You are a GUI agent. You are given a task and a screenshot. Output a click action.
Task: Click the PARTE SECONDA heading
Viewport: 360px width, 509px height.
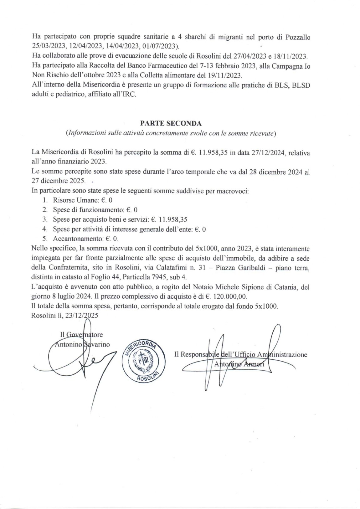point(171,123)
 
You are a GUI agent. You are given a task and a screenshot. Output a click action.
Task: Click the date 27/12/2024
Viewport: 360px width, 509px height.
point(268,153)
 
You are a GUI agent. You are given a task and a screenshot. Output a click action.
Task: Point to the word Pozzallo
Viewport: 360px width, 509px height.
point(298,38)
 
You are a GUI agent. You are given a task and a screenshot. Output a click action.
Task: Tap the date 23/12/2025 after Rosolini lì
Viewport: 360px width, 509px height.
point(81,316)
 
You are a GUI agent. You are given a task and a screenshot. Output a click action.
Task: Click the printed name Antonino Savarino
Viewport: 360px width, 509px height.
point(82,345)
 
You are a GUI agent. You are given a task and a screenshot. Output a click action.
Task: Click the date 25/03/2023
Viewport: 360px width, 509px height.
point(48,46)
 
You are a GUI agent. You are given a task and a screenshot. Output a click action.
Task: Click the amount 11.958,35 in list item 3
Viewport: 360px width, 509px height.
point(173,220)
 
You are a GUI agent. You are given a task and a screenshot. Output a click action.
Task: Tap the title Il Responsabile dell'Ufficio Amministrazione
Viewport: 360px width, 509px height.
point(240,355)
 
